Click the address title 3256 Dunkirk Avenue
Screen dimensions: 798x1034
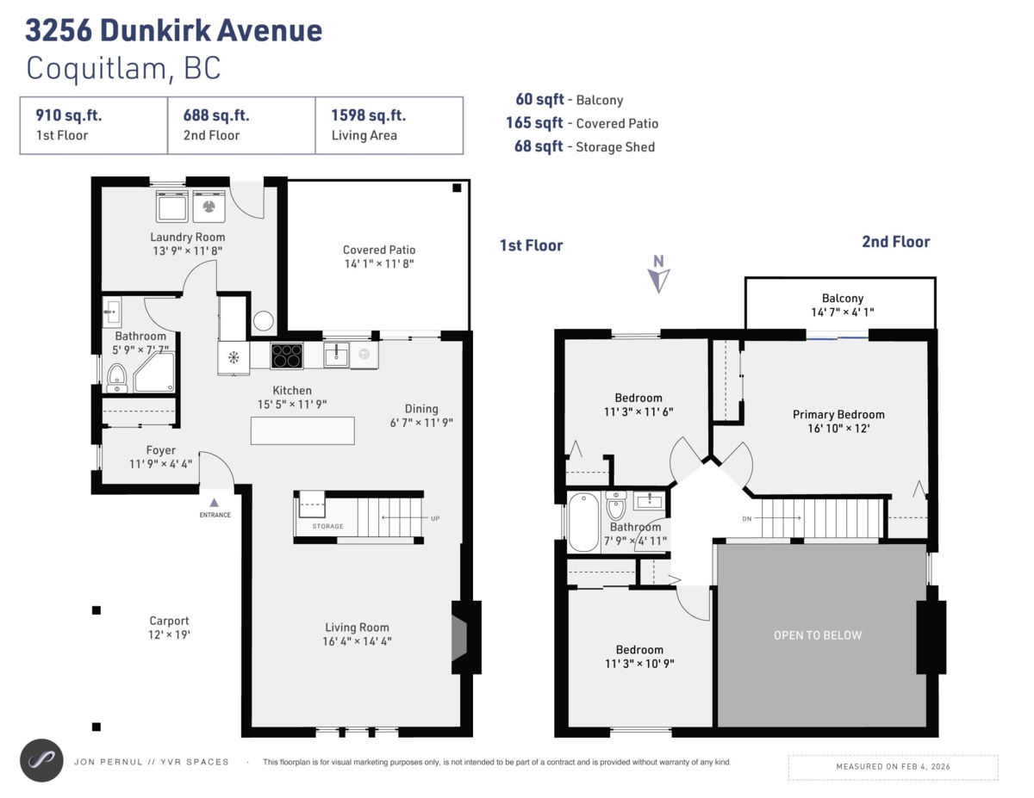[x=174, y=31]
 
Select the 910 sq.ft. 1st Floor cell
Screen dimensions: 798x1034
[x=93, y=125]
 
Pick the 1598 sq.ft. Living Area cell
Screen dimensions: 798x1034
[x=389, y=125]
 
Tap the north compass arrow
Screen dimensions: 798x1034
[x=659, y=277]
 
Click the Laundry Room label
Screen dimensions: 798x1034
[x=187, y=238]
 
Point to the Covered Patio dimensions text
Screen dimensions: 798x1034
[x=378, y=263]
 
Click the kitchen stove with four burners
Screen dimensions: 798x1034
[x=287, y=355]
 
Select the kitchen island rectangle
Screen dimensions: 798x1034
[x=302, y=430]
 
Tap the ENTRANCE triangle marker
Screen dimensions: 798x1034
[x=215, y=502]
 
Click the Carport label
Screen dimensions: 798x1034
[x=169, y=621]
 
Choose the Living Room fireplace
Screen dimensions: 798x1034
[x=460, y=637]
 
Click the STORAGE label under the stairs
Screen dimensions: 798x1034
[x=327, y=526]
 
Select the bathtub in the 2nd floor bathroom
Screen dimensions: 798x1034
[x=582, y=522]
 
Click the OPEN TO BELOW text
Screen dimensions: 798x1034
[x=817, y=635]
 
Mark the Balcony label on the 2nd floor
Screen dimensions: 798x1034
[x=842, y=298]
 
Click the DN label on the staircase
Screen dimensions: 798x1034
[x=746, y=518]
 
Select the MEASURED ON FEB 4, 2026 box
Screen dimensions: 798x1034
[x=893, y=766]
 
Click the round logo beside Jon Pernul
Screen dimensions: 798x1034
[x=42, y=760]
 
